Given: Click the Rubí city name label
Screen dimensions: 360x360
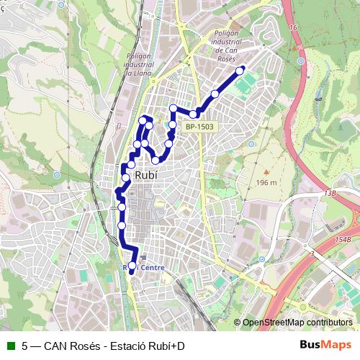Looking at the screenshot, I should click(147, 174).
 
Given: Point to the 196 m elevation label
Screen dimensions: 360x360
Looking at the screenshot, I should click(266, 183).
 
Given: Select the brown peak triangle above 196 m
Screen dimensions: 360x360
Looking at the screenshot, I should click(266, 172).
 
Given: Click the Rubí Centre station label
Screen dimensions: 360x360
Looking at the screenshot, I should click(145, 267).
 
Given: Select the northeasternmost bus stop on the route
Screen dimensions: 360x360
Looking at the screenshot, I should click(240, 70).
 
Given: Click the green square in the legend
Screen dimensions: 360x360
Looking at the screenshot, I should click(9, 346).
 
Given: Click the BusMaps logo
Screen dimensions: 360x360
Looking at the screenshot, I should click(326, 345).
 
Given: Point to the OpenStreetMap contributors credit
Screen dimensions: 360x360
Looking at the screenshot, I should click(297, 323).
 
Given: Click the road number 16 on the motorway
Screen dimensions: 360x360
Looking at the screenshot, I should click(294, 27).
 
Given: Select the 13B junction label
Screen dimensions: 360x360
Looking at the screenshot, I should click(330, 193).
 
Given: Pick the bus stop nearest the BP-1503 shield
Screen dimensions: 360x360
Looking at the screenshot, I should click(173, 125).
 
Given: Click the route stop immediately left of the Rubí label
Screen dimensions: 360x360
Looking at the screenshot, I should click(125, 177).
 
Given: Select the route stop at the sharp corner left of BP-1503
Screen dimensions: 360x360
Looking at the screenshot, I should click(174, 109).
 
